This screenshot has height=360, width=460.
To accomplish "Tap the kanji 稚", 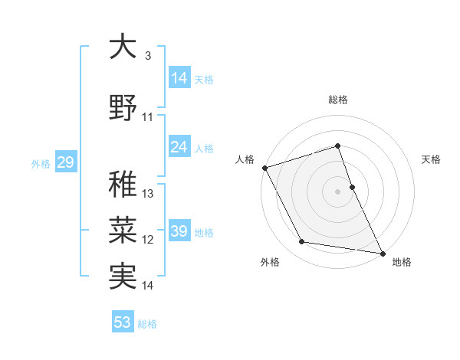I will [123, 184].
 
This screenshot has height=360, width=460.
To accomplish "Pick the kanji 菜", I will [123, 230].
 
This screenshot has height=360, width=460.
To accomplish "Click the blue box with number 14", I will [179, 78].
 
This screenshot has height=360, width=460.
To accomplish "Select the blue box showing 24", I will [179, 147].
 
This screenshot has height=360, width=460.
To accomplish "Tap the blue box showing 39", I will [179, 231].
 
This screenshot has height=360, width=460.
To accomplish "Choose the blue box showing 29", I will [65, 162].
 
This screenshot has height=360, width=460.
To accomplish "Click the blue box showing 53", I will [123, 322].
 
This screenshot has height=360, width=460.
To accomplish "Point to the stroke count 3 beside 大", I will [147, 56].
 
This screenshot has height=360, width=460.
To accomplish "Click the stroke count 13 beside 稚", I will [148, 194].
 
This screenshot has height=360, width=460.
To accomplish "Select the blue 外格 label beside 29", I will [41, 163].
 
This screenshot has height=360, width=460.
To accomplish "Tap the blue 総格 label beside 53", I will [147, 323].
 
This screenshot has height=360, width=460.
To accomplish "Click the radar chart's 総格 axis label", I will [338, 100].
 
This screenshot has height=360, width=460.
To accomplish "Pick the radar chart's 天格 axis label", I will [432, 159].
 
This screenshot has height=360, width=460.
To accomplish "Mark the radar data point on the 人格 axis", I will [264, 167].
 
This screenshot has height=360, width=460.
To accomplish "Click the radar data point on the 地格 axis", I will [382, 252].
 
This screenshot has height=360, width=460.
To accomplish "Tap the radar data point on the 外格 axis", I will [302, 242].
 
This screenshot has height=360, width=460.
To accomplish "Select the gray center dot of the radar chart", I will [338, 191].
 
